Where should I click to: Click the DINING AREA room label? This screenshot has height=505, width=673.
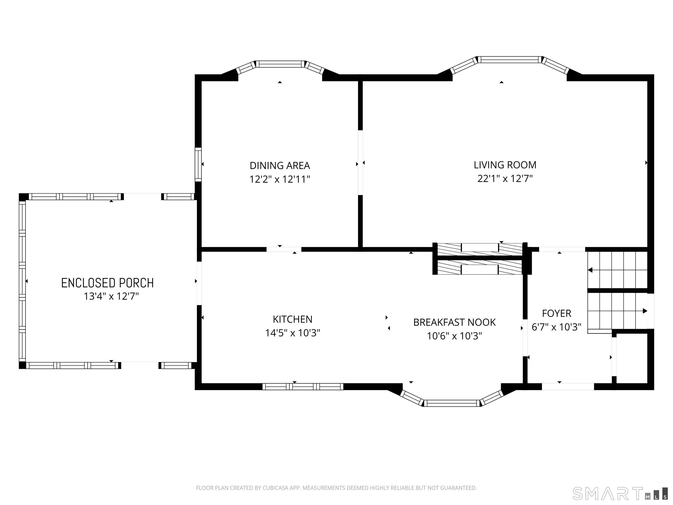(280, 166)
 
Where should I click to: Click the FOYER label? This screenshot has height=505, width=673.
(556, 313)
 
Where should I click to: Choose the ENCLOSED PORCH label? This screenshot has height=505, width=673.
(107, 283)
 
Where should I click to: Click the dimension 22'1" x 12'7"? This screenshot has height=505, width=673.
(505, 178)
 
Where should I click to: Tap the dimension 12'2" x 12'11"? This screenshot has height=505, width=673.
(280, 179)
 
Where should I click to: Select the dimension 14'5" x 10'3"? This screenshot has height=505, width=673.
(292, 333)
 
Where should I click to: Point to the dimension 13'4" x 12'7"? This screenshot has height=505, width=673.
(111, 296)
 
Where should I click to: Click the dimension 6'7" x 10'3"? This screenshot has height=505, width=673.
(556, 327)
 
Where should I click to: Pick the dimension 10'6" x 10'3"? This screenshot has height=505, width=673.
(454, 336)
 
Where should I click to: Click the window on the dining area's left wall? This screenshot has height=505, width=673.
(198, 164)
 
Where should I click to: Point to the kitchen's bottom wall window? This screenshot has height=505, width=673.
(303, 387)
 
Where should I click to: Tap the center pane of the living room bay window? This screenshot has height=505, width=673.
(510, 60)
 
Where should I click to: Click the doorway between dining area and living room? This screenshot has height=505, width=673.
(360, 163)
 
